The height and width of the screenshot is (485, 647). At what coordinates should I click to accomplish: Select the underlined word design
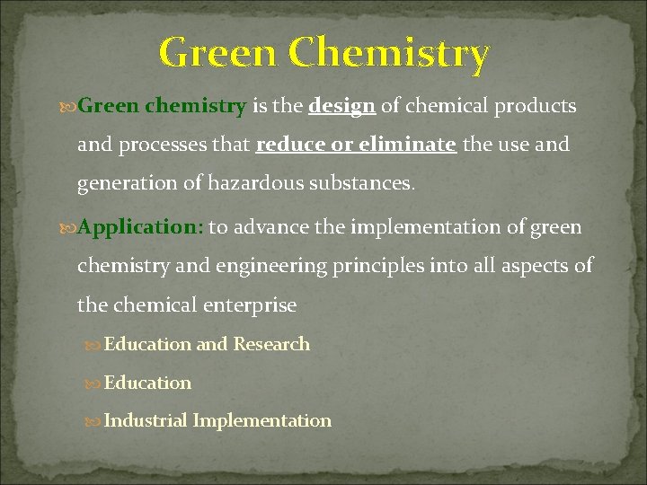tap(342, 106)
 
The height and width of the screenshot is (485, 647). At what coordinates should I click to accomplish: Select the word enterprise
tap(249, 305)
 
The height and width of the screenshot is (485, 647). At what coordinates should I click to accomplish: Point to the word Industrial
tap(146, 420)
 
